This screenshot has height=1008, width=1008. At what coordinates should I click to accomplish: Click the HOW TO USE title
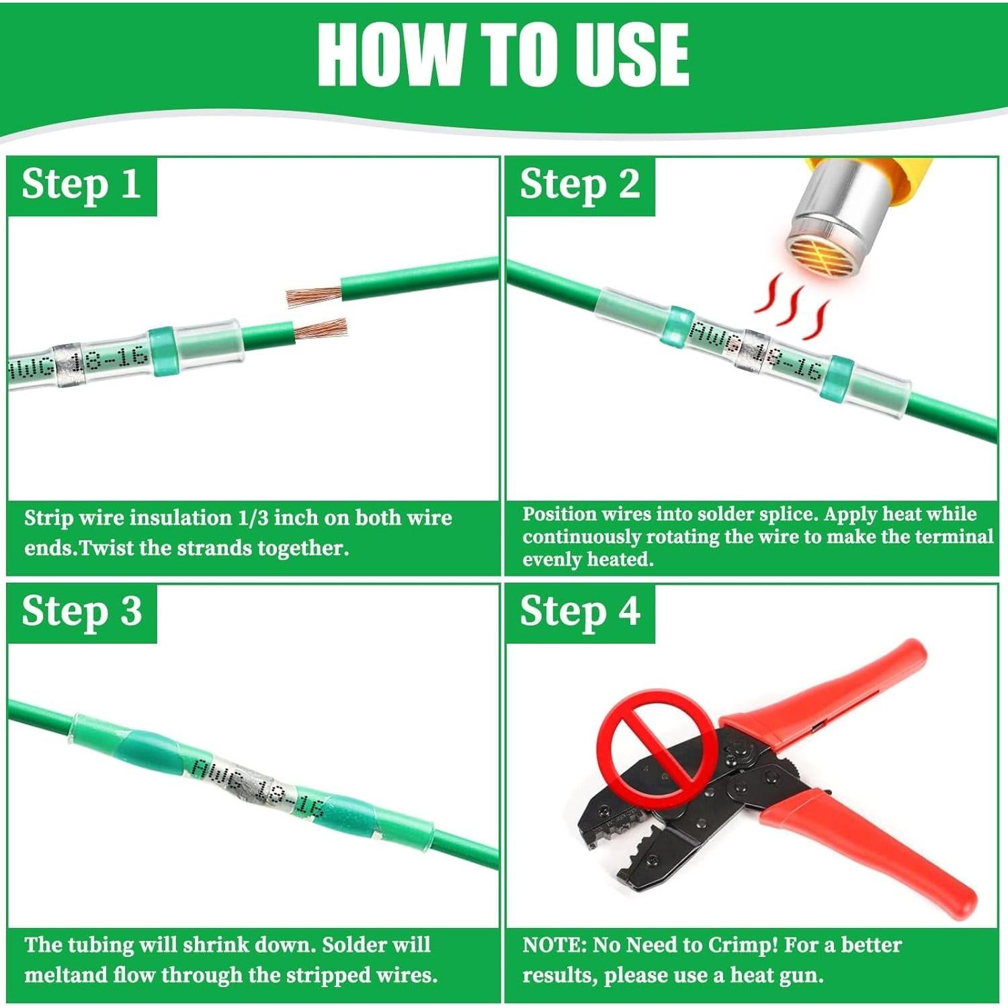point(503,54)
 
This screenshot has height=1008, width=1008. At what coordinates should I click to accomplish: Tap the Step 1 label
point(81,184)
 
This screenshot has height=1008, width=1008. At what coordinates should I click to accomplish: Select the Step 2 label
point(580,184)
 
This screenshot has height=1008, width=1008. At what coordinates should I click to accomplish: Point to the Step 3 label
point(81,612)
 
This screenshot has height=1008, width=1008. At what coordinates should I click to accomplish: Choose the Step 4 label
point(580,612)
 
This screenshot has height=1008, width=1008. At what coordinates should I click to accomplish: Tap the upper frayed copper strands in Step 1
point(314,296)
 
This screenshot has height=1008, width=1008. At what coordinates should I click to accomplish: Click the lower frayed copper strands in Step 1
point(321,330)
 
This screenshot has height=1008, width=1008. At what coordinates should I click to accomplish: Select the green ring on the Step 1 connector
point(161,350)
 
